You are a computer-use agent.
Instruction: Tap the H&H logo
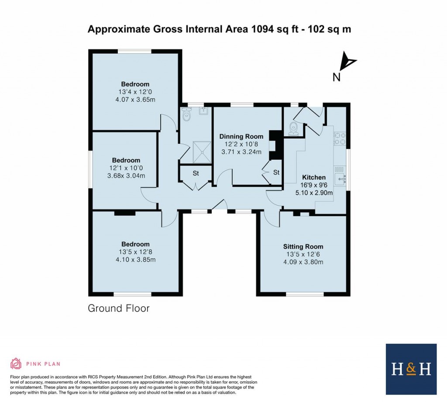411,369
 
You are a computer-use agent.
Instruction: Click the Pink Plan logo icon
16,364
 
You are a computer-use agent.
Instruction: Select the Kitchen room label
314,177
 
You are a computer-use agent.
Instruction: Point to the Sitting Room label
303,247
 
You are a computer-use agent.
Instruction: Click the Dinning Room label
241,137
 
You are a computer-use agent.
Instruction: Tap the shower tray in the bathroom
202,152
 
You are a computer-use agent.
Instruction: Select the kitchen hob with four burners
340,139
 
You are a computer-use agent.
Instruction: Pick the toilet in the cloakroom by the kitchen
293,129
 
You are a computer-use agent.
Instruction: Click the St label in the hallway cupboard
196,173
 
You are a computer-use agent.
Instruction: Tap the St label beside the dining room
276,172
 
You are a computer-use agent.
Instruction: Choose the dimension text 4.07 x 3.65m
135,100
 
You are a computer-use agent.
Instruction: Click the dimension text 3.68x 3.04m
126,176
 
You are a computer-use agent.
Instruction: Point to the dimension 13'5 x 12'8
136,252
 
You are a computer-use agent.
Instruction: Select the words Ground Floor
119,309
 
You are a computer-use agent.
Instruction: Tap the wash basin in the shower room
204,111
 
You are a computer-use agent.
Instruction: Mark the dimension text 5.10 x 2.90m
314,192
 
